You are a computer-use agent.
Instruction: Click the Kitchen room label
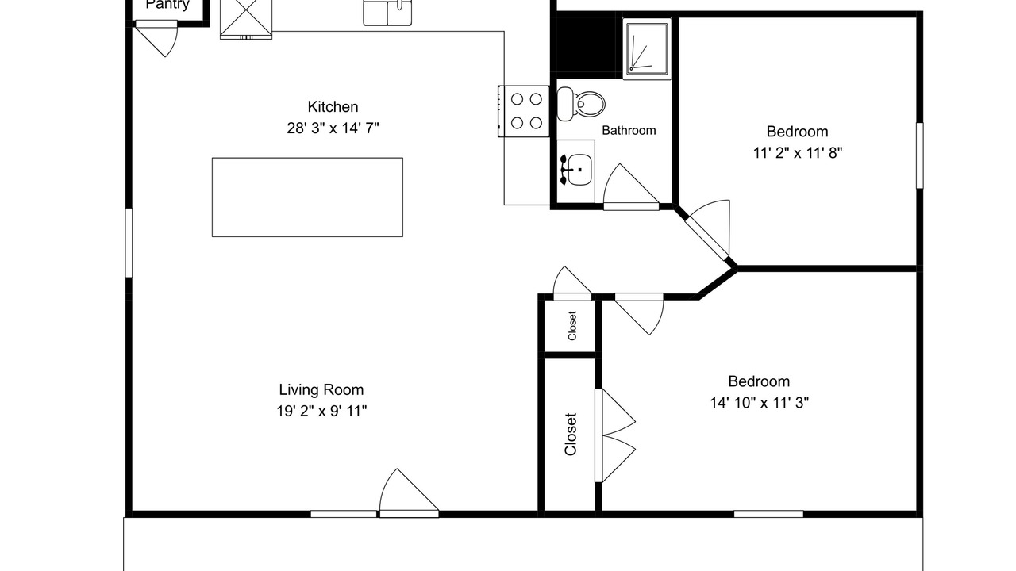pyautogui.click(x=333, y=107)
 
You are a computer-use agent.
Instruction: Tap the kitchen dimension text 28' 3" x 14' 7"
pyautogui.click(x=333, y=128)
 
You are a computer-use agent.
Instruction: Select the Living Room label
pyautogui.click(x=321, y=389)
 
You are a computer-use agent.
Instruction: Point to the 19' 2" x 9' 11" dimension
pyautogui.click(x=321, y=411)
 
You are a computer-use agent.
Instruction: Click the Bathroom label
pyautogui.click(x=629, y=131)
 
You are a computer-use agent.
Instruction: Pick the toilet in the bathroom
pyautogui.click(x=581, y=104)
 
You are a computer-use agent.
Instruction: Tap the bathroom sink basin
pyautogui.click(x=579, y=170)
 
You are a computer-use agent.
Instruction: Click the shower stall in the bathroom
pyautogui.click(x=647, y=49)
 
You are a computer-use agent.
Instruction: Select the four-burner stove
pyautogui.click(x=524, y=111)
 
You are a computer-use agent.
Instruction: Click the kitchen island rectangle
pyautogui.click(x=307, y=197)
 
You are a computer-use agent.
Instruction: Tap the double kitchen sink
pyautogui.click(x=387, y=13)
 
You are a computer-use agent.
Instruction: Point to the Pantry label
pyautogui.click(x=167, y=5)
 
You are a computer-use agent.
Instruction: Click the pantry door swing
pyautogui.click(x=156, y=38)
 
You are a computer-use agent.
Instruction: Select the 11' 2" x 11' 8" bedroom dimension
pyautogui.click(x=798, y=153)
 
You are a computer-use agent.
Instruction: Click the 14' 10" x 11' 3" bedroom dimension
pyautogui.click(x=760, y=402)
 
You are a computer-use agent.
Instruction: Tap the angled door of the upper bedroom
pyautogui.click(x=707, y=230)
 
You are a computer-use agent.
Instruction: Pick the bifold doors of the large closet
pyautogui.click(x=615, y=435)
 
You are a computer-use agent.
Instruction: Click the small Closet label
pyautogui.click(x=572, y=326)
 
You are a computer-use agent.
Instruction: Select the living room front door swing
pyautogui.click(x=409, y=493)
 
